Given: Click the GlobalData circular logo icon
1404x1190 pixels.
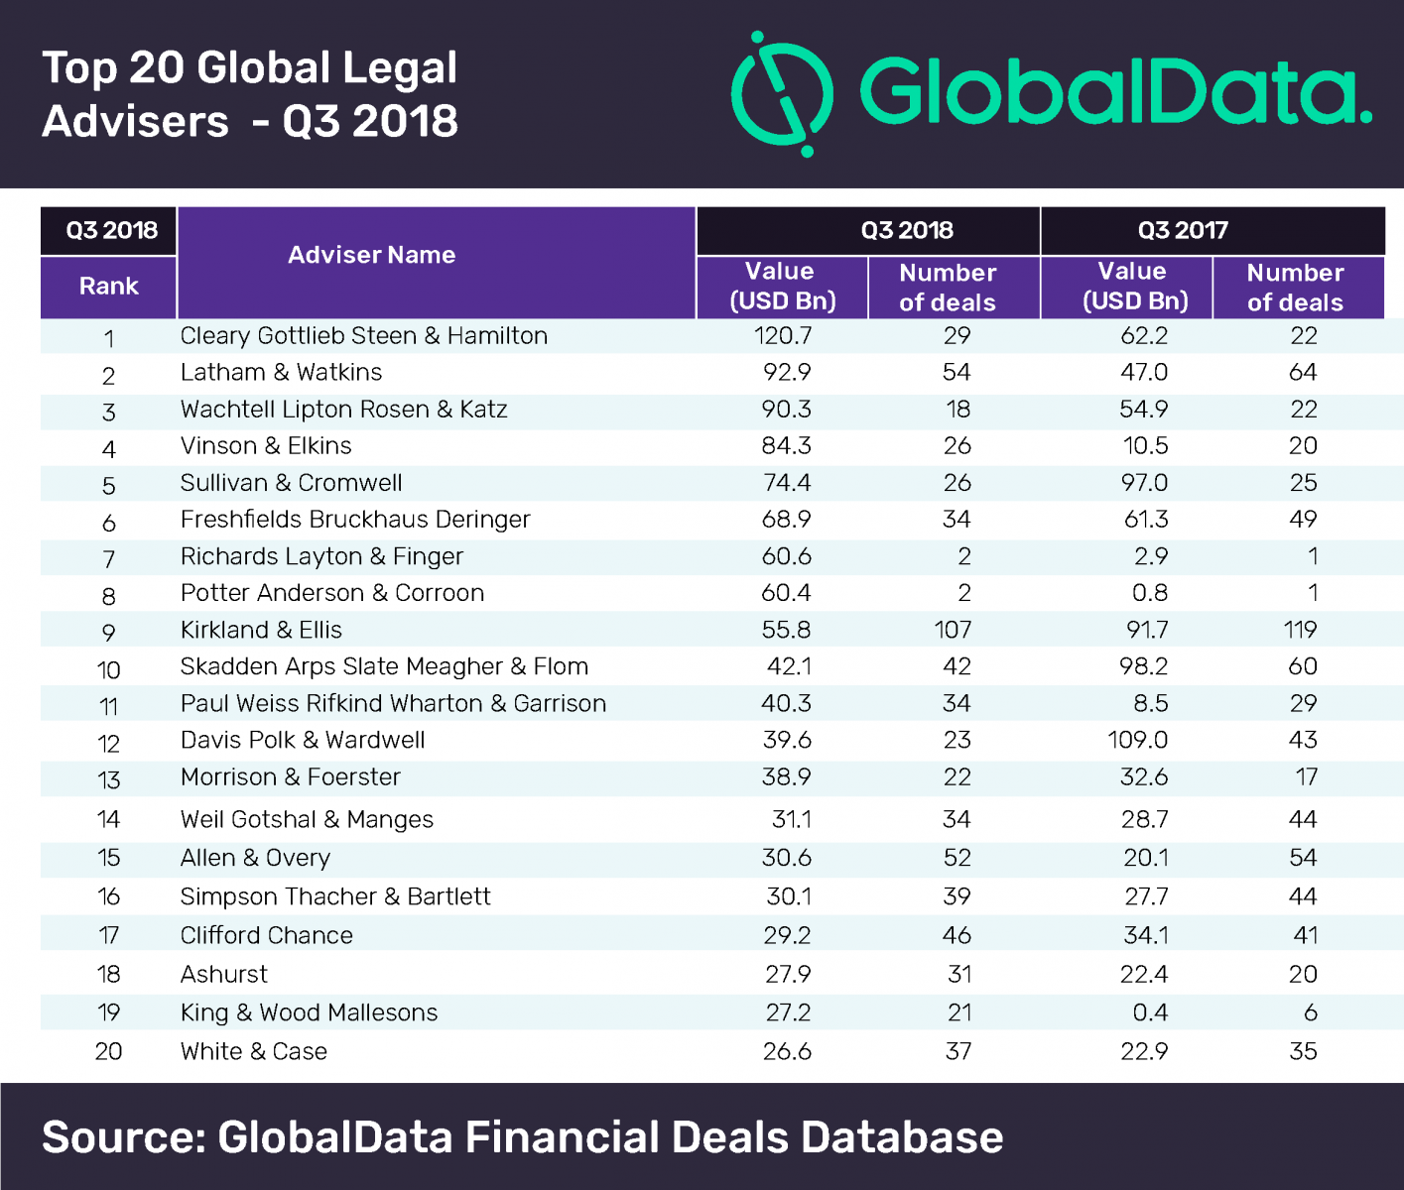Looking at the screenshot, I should pyautogui.click(x=782, y=94).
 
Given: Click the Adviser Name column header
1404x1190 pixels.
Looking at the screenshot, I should pyautogui.click(x=371, y=256).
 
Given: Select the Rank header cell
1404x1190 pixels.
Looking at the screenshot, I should pyautogui.click(x=108, y=287).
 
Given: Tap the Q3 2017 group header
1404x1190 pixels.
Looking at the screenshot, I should pyautogui.click(x=1183, y=231).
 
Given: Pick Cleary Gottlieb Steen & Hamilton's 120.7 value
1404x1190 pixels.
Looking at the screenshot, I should pyautogui.click(x=783, y=336).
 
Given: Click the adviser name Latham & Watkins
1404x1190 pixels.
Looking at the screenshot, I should pyautogui.click(x=281, y=373).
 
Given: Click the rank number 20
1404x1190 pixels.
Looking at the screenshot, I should pyautogui.click(x=108, y=1052).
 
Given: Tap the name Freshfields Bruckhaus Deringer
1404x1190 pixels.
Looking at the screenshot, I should pyautogui.click(x=355, y=520).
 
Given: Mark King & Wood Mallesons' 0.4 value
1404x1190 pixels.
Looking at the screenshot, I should pyautogui.click(x=1150, y=1013).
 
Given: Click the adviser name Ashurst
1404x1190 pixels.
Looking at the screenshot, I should pyautogui.click(x=224, y=975).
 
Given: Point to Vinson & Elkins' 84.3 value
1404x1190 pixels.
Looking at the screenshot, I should pyautogui.click(x=787, y=446).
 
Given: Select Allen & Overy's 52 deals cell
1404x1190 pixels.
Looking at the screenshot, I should pyautogui.click(x=957, y=858).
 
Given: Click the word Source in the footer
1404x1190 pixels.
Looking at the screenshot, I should pyautogui.click(x=120, y=1137).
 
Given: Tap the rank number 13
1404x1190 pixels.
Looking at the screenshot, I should pyautogui.click(x=108, y=780).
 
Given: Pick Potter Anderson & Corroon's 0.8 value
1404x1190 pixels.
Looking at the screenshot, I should pyautogui.click(x=1150, y=593).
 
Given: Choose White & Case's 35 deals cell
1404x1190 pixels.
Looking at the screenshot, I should pyautogui.click(x=1303, y=1052).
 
